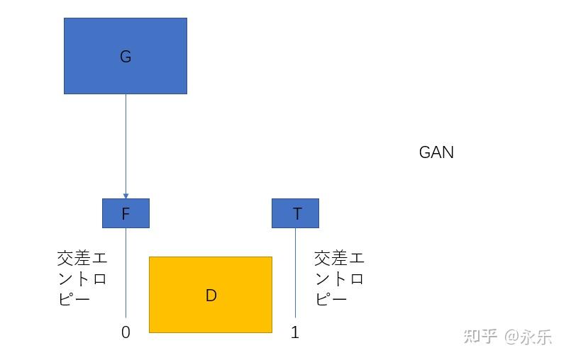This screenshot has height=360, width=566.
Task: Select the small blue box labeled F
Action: click(113, 213)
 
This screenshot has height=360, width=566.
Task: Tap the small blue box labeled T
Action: click(284, 213)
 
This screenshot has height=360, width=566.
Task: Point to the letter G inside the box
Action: click(126, 57)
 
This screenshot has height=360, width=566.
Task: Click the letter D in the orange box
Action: click(211, 296)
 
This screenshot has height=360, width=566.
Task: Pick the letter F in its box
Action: click(126, 213)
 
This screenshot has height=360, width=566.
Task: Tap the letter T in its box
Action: click(296, 213)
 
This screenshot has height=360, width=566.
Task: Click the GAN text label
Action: click(436, 152)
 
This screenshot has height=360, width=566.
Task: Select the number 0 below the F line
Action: click(126, 332)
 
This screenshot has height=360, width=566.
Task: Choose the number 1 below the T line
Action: click(295, 332)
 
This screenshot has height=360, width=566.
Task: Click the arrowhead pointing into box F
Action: click(126, 196)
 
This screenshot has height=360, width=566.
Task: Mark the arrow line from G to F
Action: click(126, 142)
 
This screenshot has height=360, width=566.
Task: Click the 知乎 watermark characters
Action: click(480, 336)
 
